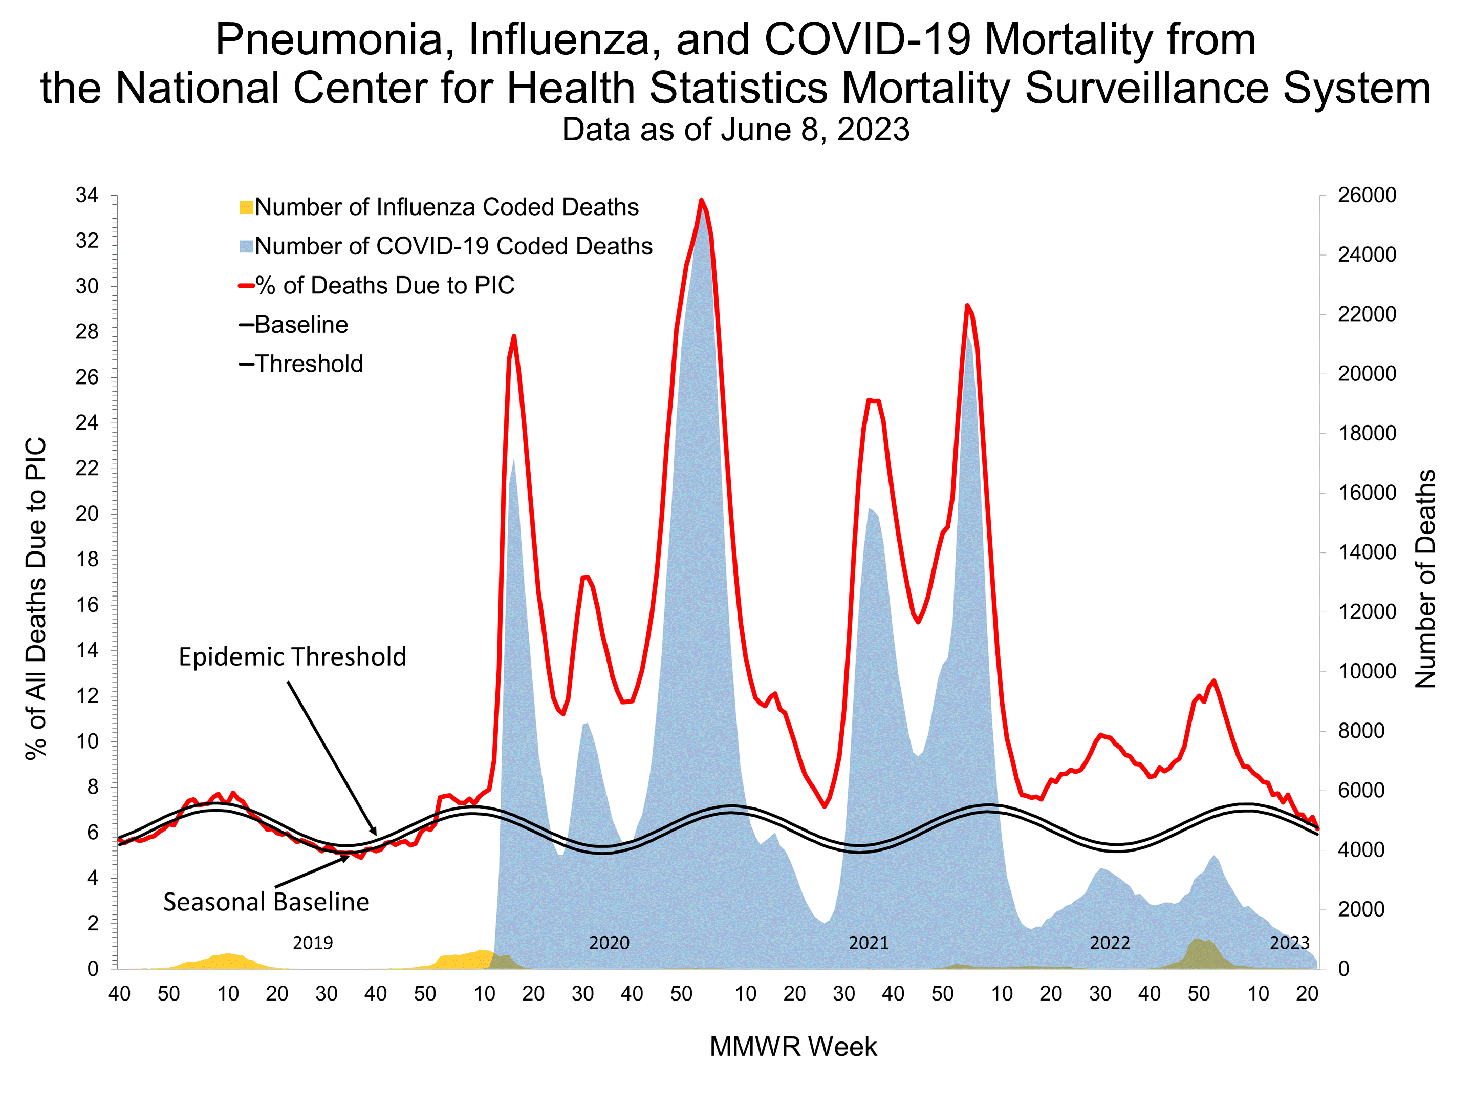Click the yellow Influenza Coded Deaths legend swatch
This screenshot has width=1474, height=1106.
246,207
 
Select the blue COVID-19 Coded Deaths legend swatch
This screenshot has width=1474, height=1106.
246,247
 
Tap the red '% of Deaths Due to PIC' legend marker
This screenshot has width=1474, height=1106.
246,286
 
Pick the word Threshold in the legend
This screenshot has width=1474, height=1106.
309,364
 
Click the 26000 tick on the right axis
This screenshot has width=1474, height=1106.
1367,195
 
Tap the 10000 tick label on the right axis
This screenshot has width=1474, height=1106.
1367,671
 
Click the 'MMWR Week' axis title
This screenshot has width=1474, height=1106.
793,1047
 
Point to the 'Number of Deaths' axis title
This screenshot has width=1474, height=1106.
1425,579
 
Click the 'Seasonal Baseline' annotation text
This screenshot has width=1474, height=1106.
266,902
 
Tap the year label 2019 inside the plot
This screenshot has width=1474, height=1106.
313,943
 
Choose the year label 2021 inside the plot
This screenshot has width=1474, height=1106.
868,943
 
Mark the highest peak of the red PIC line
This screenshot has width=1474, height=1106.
701,200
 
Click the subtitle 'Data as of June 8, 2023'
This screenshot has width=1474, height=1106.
735,130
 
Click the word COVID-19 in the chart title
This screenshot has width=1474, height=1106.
868,40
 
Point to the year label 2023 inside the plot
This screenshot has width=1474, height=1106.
1289,943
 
